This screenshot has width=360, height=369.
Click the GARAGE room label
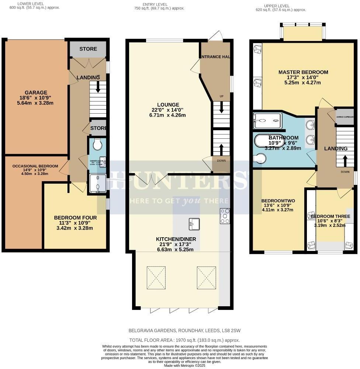click(x=36, y=92)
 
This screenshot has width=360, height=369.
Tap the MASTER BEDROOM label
click(x=303, y=72)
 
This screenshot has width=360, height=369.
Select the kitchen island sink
click(x=193, y=223)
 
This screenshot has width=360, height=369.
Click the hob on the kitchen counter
click(x=225, y=216)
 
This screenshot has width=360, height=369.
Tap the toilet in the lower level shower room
click(x=98, y=144)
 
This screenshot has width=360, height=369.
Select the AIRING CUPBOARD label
click(x=345, y=117)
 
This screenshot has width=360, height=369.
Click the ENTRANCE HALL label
click(x=215, y=57)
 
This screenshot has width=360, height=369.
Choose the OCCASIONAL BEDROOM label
click(x=35, y=166)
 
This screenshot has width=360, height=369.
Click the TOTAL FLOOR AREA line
click(x=184, y=340)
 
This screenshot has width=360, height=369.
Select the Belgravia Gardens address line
click(x=184, y=331)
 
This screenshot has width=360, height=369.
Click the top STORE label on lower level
click(x=88, y=49)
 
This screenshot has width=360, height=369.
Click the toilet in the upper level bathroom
click(x=261, y=158)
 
